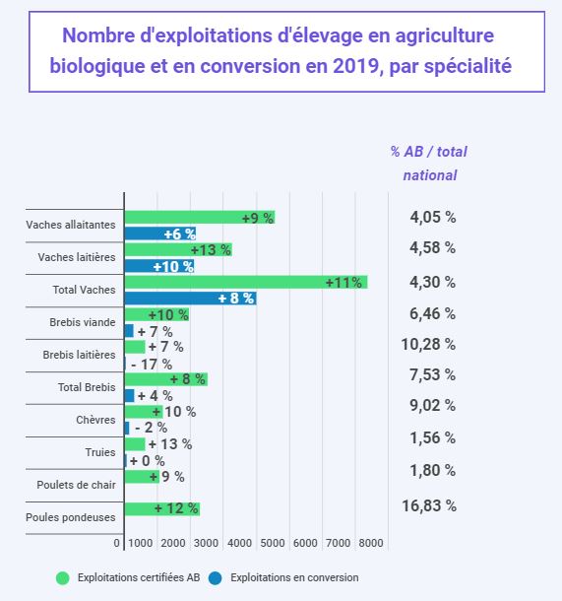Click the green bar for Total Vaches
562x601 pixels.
tap(246, 282)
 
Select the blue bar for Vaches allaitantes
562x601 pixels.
tap(160, 234)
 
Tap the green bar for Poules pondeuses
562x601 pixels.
tap(162, 509)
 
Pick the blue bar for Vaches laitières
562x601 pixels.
tap(159, 266)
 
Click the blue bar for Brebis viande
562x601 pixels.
tap(129, 331)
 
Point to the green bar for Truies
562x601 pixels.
tap(135, 444)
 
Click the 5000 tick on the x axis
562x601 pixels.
tap(273, 543)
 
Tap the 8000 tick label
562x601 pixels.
tap(371, 543)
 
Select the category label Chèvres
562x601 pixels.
tap(95, 420)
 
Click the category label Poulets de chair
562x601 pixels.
tap(76, 485)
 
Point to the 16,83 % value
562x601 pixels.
tap(429, 506)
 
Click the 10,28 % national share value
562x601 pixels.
tap(428, 344)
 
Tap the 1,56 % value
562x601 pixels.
tap(433, 437)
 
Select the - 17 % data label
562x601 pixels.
tap(152, 365)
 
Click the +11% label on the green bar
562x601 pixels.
tap(343, 283)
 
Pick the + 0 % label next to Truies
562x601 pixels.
tap(148, 461)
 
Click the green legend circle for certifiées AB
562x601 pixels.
tap(63, 578)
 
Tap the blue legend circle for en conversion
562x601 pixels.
tap(216, 578)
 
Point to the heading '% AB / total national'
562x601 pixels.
tap(429, 164)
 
